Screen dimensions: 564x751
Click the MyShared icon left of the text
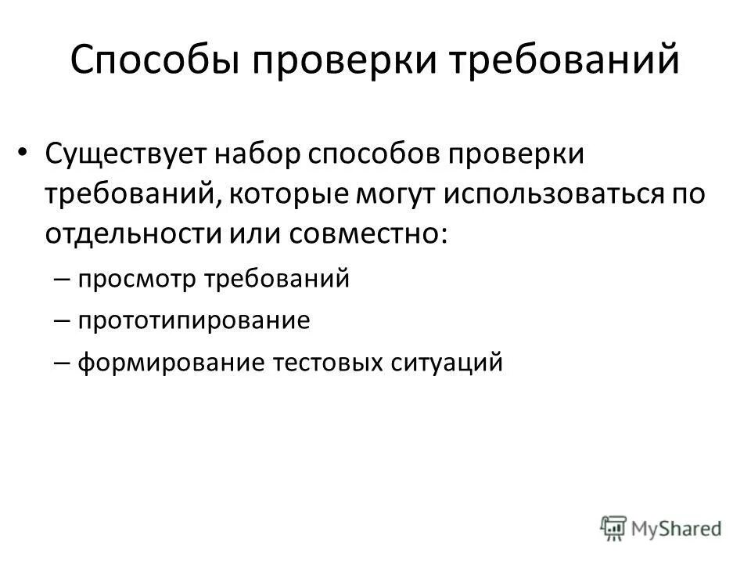[615, 527]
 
